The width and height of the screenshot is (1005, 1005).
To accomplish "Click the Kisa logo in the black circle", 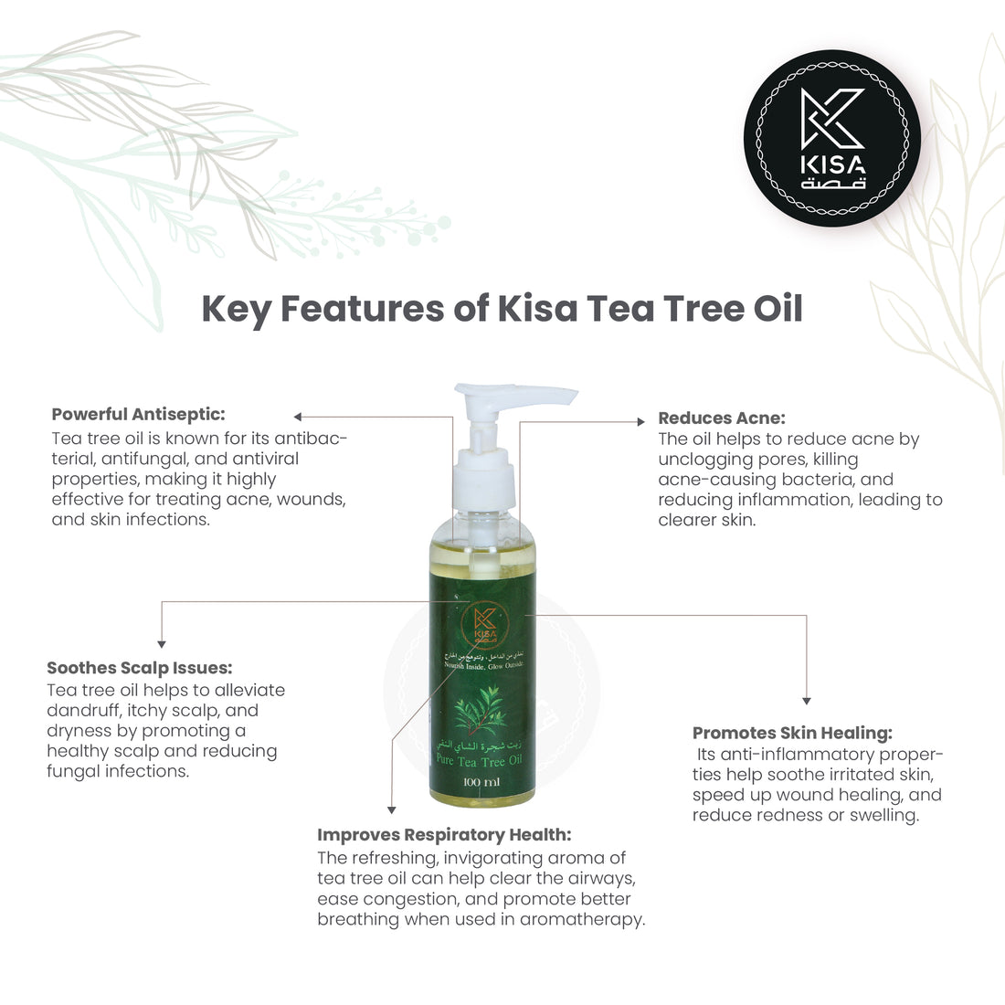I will pos(832,138).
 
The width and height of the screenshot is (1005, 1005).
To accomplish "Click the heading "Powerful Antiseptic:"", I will pos(138,414).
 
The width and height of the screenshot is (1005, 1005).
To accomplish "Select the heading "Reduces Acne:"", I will pos(721,418).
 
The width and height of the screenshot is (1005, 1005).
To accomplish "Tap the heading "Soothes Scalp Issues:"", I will pos(139,668).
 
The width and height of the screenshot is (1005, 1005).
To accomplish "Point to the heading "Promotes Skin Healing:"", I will pos(792,733).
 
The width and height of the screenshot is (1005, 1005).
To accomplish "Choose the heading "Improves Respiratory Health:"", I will pos(444,835).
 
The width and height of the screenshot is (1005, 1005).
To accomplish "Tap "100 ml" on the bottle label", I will pos(481,782).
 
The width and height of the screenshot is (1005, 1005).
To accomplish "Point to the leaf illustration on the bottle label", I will pos(481,713).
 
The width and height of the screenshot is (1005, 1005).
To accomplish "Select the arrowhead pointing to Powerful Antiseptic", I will pos(298,417).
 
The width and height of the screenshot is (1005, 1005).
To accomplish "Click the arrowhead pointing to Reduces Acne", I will pos(640,421).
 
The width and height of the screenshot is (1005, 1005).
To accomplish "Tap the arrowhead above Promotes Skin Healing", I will pos(806,701).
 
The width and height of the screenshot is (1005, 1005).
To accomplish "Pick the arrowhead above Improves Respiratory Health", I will pos(392,809).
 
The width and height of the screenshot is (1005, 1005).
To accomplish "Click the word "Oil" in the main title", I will pos(778,309).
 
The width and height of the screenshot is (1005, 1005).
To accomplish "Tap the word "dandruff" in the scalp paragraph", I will pos(84,711).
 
